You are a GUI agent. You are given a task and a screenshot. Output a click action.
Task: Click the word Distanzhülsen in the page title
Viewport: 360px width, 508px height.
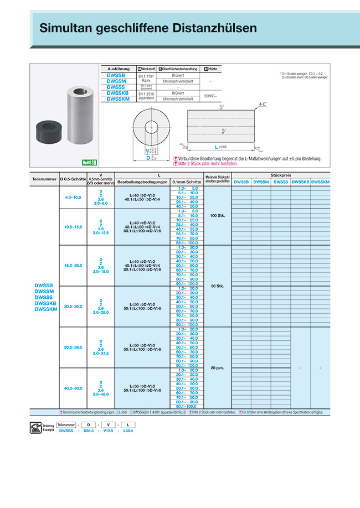pyautogui.click(x=207, y=28)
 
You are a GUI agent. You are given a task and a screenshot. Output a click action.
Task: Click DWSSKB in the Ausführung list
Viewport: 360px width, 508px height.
pyautogui.click(x=117, y=94)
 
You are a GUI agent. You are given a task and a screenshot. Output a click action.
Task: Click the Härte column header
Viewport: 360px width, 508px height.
pyautogui.click(x=210, y=69)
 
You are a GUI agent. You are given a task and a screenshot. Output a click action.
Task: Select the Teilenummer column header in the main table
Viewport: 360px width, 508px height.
pyautogui.click(x=44, y=179)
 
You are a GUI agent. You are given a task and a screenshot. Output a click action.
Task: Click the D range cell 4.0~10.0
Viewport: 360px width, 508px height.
pyautogui.click(x=73, y=197)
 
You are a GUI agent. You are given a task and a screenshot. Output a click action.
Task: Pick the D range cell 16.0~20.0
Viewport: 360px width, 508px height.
pyautogui.click(x=73, y=266)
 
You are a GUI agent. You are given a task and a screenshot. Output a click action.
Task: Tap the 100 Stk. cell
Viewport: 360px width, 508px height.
pyautogui.click(x=217, y=215)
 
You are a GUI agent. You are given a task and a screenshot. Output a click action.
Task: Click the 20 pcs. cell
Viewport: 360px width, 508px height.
pyautogui.click(x=217, y=367)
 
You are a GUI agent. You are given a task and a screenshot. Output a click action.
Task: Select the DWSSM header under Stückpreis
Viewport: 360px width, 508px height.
pyautogui.click(x=261, y=182)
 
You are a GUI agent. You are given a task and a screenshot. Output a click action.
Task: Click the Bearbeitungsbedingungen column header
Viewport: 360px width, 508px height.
pyautogui.click(x=142, y=182)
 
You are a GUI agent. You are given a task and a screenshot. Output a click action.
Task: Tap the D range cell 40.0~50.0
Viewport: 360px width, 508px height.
pyautogui.click(x=73, y=388)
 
